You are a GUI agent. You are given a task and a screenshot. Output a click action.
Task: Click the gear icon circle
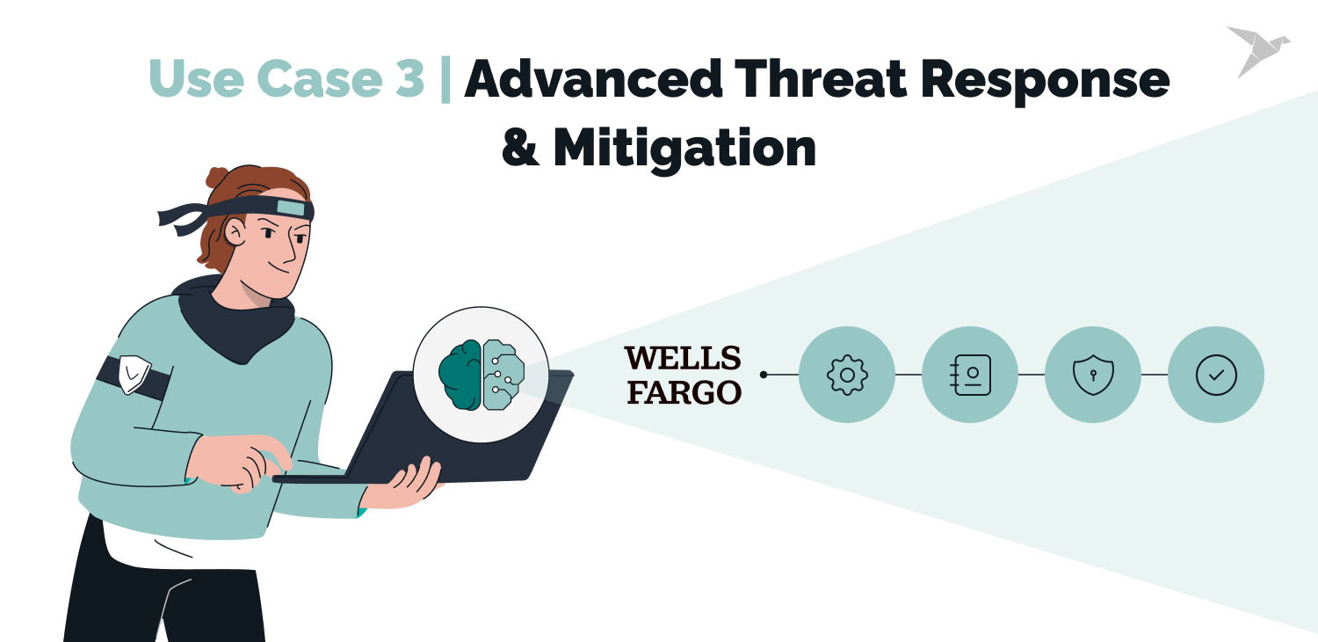pyautogui.click(x=847, y=375)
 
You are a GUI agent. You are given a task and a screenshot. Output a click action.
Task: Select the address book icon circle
pyautogui.click(x=970, y=375)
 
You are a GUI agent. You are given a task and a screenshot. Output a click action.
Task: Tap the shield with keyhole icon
pyautogui.click(x=1093, y=375)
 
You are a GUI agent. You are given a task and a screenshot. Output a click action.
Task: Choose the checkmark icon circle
pyautogui.click(x=1216, y=375)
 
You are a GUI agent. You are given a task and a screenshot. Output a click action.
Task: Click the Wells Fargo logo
pyautogui.click(x=683, y=376)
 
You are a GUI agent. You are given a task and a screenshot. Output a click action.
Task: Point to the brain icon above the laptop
pyautogui.click(x=482, y=375)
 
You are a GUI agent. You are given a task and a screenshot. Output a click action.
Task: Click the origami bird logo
pyautogui.click(x=1258, y=51)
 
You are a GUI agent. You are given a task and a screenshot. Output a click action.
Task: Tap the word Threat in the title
pyautogui.click(x=822, y=79)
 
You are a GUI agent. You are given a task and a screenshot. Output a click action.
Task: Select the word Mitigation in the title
pyautogui.click(x=684, y=149)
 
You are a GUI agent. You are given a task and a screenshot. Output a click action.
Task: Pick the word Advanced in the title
pyautogui.click(x=593, y=79)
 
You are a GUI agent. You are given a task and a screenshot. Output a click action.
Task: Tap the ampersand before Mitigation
pyautogui.click(x=519, y=148)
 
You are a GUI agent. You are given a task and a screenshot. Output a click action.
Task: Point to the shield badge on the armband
pyautogui.click(x=134, y=374)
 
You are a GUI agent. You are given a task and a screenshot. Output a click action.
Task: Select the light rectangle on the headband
pyautogui.click(x=291, y=208)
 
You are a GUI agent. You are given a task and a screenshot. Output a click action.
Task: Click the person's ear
pyautogui.click(x=235, y=231)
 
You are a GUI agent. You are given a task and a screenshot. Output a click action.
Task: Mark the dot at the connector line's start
pyautogui.click(x=764, y=375)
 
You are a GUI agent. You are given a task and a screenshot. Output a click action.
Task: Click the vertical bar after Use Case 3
pyautogui.click(x=445, y=79)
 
